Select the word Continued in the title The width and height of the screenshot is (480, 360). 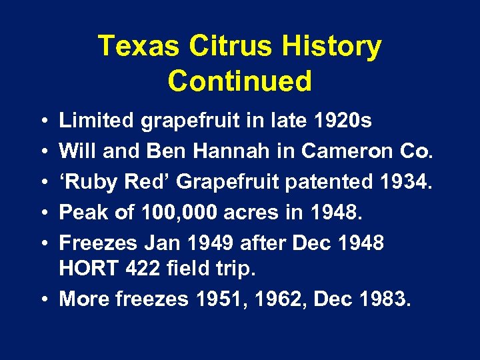240,81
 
